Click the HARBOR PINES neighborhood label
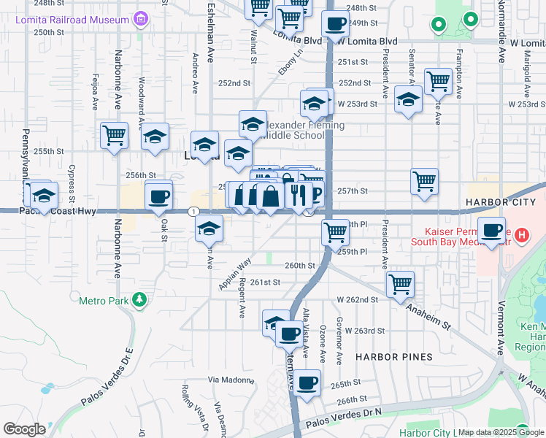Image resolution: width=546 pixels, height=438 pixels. (x=394, y=357)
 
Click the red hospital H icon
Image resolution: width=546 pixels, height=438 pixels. (x=521, y=236)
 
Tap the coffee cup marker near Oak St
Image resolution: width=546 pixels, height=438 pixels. (x=158, y=196)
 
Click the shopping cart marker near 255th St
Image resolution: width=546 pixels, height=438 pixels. (x=115, y=136)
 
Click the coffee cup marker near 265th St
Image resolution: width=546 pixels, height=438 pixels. (x=307, y=382)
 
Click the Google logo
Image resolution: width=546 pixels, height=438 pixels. (x=26, y=429)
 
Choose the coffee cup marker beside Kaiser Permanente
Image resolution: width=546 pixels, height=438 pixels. (x=492, y=230)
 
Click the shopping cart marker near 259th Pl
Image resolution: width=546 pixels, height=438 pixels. (x=335, y=232)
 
